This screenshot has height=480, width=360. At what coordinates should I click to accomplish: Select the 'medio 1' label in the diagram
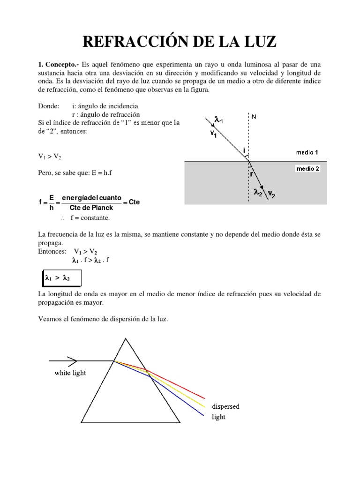point(307,152)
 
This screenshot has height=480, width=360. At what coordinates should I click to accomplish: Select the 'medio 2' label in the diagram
point(307,169)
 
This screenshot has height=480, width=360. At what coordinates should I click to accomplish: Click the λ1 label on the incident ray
point(218,121)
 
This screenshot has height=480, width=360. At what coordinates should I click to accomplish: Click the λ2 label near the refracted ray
point(257,192)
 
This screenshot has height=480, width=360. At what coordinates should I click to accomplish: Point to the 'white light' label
point(71,373)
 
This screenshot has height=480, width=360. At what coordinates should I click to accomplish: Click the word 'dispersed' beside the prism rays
point(225,406)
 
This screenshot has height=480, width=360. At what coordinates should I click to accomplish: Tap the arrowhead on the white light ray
point(73,360)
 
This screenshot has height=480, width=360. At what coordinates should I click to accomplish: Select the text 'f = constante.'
point(91,218)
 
